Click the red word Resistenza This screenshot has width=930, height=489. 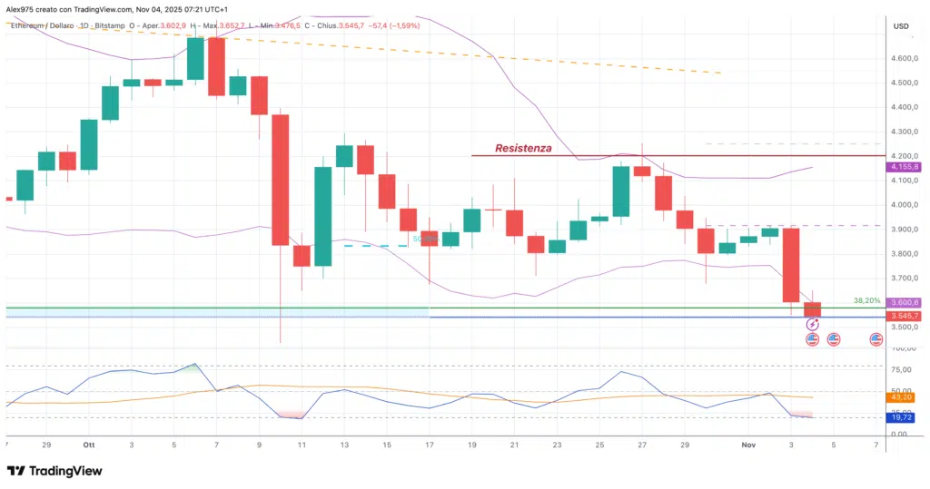pyautogui.click(x=522, y=148)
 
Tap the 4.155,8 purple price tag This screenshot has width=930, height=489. pyautogui.click(x=905, y=167)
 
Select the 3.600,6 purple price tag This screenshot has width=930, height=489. pyautogui.click(x=905, y=303)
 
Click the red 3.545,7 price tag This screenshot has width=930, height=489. pyautogui.click(x=905, y=316)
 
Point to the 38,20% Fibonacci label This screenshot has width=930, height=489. pyautogui.click(x=866, y=299)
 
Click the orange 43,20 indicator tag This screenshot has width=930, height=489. pyautogui.click(x=903, y=397)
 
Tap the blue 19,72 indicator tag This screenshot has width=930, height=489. pyautogui.click(x=903, y=417)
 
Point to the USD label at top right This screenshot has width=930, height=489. pyautogui.click(x=902, y=26)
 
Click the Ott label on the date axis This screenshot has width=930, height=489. pyautogui.click(x=88, y=445)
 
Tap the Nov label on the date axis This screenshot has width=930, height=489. pyautogui.click(x=748, y=445)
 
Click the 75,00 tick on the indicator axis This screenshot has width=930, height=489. pyautogui.click(x=901, y=370)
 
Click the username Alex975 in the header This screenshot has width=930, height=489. pyautogui.click(x=24, y=7)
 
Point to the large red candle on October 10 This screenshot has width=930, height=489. pyautogui.click(x=280, y=180)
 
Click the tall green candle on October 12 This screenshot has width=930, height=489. pyautogui.click(x=323, y=216)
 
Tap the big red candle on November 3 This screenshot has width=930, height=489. pyautogui.click(x=790, y=264)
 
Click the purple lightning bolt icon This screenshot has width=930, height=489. pyautogui.click(x=812, y=325)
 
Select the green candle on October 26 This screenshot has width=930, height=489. pyautogui.click(x=621, y=191)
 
